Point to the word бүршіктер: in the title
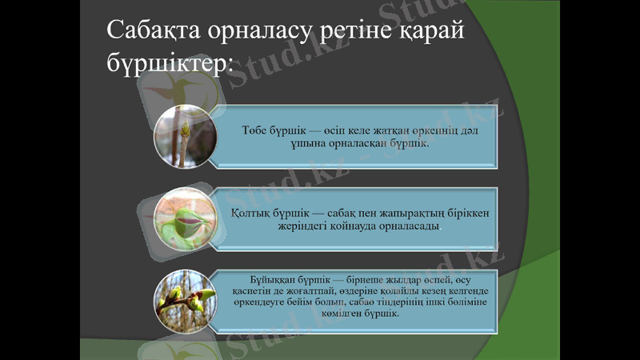[168, 65]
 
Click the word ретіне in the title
[350, 34]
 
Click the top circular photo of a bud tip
[183, 136]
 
